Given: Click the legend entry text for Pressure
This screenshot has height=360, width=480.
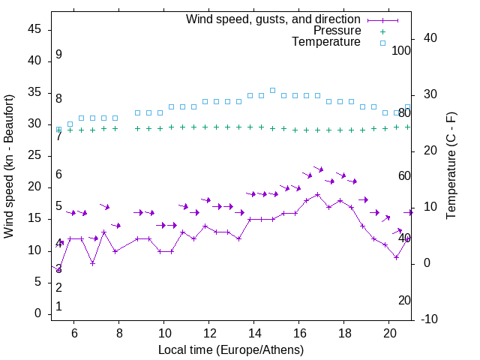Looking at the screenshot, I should pos(337,31).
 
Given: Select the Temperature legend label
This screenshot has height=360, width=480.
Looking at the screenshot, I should pos(326,42).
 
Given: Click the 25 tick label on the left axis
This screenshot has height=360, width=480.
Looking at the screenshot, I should pos(34,155).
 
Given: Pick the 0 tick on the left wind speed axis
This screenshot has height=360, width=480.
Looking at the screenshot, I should pos(38,313).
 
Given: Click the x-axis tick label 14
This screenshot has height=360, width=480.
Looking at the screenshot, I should pos(254,333).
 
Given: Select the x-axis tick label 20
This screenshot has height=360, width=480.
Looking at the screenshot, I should pos(389,333).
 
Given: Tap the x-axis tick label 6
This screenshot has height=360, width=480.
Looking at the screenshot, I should pos(74,333).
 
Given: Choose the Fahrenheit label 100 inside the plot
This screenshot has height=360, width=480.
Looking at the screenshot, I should pos(401,50).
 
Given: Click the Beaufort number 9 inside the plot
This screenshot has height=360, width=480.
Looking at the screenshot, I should pos(58,55).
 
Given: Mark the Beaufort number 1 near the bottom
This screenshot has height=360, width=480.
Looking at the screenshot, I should pos(58,307).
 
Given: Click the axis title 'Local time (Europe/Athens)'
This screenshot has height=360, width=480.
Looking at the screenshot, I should pos(231,350).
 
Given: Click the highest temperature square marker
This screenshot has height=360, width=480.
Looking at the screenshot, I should pos(272,90).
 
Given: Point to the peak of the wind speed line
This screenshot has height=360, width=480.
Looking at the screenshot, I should pos(317,194).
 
